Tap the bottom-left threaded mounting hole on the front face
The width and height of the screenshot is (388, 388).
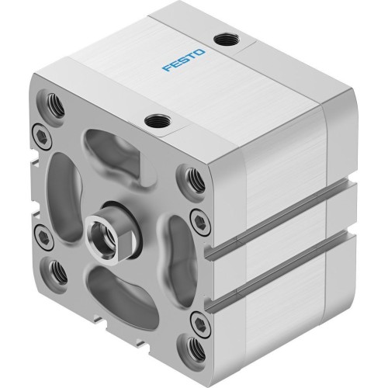click(57, 270)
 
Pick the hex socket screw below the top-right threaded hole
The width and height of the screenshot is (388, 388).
click(202, 217)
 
